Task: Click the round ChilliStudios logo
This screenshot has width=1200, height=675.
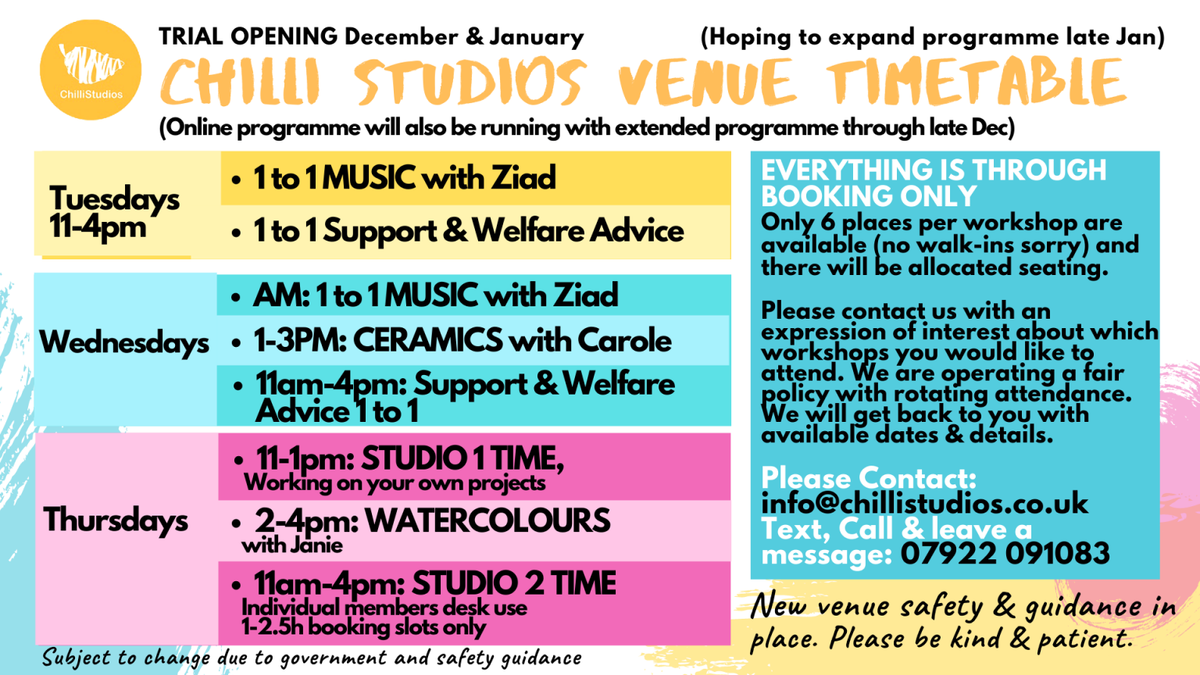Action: (91, 70)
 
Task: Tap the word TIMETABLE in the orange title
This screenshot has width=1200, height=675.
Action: (977, 83)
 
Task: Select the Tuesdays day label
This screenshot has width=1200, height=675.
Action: (114, 199)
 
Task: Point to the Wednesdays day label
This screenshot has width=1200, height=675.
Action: (124, 342)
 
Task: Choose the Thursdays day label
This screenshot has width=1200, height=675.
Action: (116, 520)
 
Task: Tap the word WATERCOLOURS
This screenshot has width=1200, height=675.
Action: (487, 520)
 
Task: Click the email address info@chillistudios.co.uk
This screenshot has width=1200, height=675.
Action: (924, 503)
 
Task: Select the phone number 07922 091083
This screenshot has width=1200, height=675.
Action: (1005, 554)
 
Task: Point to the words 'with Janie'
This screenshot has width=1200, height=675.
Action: (292, 545)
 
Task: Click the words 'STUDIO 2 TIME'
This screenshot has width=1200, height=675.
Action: (514, 584)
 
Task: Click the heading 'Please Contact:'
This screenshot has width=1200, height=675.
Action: (869, 477)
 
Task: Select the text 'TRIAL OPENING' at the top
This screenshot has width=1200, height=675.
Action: (248, 36)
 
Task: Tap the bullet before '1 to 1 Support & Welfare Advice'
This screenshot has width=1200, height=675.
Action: (236, 233)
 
